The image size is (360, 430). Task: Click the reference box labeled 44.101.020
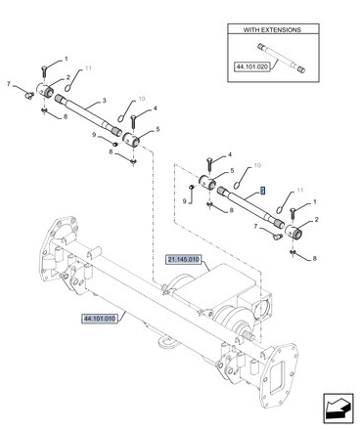[x=252, y=67]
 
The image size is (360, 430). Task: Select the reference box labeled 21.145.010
[x=183, y=260]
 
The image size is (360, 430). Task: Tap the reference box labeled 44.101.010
[x=100, y=319]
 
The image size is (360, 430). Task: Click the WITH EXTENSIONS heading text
[x=272, y=30]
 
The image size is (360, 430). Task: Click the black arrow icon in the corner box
[x=338, y=408]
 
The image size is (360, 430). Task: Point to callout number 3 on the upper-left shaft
[x=104, y=101]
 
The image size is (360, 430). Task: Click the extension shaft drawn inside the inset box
[x=281, y=58]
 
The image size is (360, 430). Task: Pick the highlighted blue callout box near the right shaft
[x=263, y=191]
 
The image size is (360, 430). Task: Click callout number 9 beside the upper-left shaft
[x=94, y=135]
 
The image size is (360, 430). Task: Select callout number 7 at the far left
[x=9, y=84]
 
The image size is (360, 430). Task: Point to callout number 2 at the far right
[x=316, y=220]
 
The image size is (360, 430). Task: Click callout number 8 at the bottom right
[x=314, y=258]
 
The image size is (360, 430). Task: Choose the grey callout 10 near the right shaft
[x=257, y=165]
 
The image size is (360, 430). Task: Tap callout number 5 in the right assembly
[x=232, y=170]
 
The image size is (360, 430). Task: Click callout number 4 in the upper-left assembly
[x=155, y=108]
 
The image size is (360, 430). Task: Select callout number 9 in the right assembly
[x=184, y=201]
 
